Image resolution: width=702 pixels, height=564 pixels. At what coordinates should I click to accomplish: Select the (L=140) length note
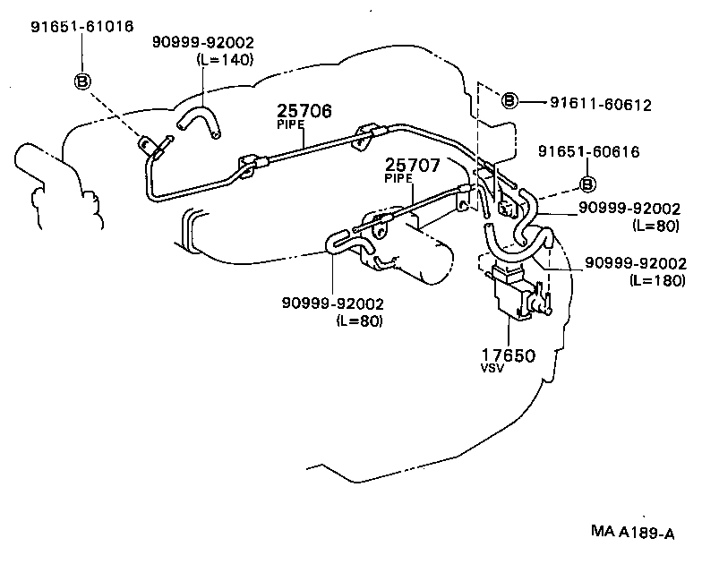(225, 60)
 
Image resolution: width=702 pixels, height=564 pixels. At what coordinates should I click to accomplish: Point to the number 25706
(304, 112)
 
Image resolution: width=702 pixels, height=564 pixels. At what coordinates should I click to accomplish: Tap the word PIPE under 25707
(398, 178)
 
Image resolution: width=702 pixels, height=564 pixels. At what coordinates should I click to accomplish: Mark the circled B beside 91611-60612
(509, 100)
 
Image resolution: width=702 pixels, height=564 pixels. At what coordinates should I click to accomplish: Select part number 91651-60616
(588, 152)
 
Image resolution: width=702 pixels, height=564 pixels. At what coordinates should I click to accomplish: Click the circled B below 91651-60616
(588, 184)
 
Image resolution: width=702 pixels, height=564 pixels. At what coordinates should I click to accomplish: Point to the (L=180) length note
(656, 280)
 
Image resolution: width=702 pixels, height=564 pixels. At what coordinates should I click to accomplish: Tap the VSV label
(493, 370)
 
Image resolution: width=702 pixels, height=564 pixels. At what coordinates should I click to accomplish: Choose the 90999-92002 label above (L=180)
(635, 264)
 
